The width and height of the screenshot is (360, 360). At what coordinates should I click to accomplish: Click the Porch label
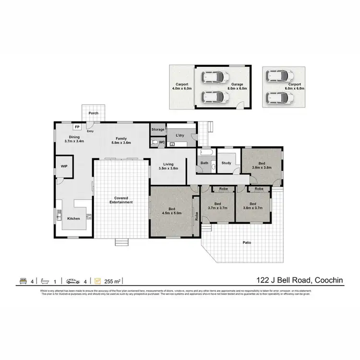(x=94, y=113)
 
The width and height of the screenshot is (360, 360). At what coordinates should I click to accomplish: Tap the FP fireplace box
(x=77, y=127)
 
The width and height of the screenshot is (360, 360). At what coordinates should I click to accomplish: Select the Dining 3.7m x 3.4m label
(x=74, y=139)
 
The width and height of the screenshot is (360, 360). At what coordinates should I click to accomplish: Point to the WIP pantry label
(x=64, y=166)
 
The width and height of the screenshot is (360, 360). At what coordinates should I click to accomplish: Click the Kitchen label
(x=73, y=218)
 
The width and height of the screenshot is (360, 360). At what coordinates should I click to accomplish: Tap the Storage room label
(x=158, y=130)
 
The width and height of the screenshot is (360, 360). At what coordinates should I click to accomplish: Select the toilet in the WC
(x=154, y=142)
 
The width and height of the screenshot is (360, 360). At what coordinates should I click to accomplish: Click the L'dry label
(x=174, y=136)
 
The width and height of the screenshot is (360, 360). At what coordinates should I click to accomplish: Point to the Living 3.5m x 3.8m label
(x=168, y=167)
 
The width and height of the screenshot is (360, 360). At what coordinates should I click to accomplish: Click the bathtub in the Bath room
(x=207, y=153)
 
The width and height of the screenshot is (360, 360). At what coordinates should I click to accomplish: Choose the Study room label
(x=227, y=163)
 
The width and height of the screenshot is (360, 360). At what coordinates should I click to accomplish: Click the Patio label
(x=247, y=242)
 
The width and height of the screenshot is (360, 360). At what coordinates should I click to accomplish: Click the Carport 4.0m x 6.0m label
(x=181, y=86)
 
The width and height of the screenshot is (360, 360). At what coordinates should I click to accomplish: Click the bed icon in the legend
(x=23, y=281)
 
